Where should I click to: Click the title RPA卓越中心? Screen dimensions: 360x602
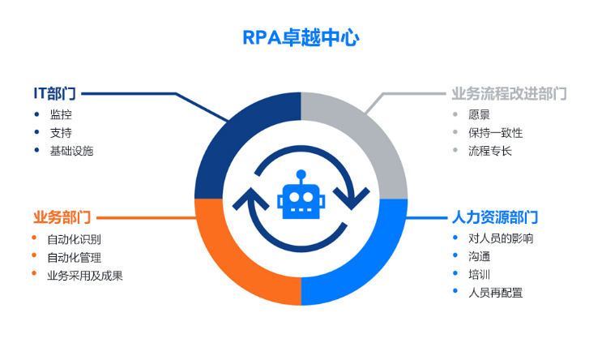(301, 38)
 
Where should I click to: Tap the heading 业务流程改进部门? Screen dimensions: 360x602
(509, 94)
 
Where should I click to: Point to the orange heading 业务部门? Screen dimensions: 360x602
(62, 217)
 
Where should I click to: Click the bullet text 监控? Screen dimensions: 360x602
(61, 114)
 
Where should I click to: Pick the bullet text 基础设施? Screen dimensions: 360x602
(71, 151)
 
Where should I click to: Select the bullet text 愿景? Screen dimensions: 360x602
(479, 114)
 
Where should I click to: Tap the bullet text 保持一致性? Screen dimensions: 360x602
(495, 132)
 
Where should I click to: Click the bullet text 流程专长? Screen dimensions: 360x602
(489, 151)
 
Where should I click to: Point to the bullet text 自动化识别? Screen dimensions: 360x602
(74, 239)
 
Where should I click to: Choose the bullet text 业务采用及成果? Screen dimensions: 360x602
(84, 276)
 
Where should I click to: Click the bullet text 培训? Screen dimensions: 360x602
(479, 274)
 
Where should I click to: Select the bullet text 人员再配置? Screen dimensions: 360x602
(495, 292)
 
